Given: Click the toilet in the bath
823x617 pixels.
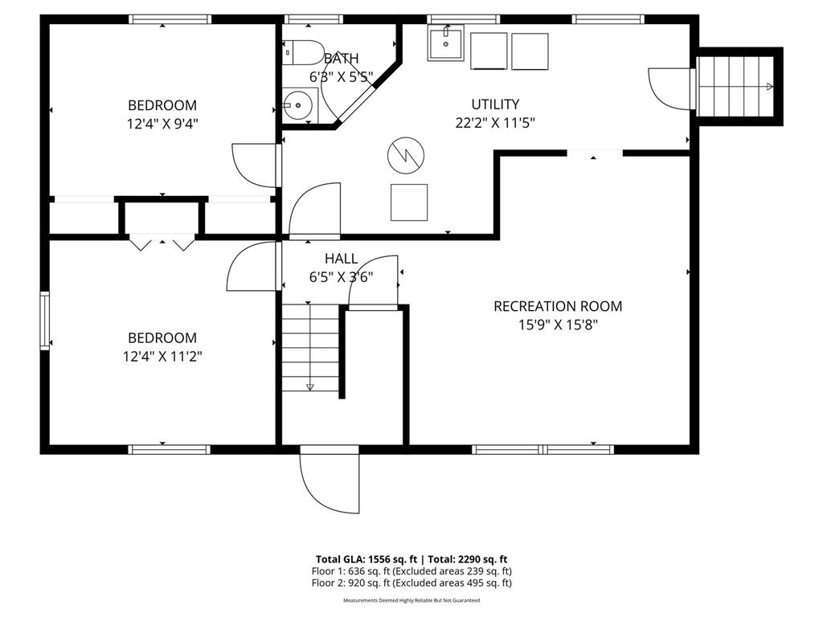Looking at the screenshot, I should [302, 52].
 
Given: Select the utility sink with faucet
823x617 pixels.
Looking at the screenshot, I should [445, 43].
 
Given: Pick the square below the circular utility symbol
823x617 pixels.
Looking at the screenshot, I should [409, 202].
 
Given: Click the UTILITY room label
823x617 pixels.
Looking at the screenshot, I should [494, 104].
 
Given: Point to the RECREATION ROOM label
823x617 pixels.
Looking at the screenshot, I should [558, 306].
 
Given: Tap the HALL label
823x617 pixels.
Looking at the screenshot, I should [341, 259].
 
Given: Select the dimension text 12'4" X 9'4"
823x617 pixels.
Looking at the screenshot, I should [162, 124].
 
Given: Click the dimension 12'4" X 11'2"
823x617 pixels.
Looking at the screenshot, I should [162, 357].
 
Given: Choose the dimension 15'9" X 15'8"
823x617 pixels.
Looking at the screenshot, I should [558, 325].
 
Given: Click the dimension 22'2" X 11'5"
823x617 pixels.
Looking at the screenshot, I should [494, 122].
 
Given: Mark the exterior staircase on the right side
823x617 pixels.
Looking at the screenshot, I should [737, 86].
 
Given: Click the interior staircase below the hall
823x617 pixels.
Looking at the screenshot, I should [310, 346].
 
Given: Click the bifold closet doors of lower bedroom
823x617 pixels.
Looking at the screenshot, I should [162, 241].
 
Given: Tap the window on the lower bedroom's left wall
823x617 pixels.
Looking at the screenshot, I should [45, 321].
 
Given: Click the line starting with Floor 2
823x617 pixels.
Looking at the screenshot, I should [411, 583].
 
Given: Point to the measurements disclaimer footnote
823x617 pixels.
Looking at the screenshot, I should [411, 600].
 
